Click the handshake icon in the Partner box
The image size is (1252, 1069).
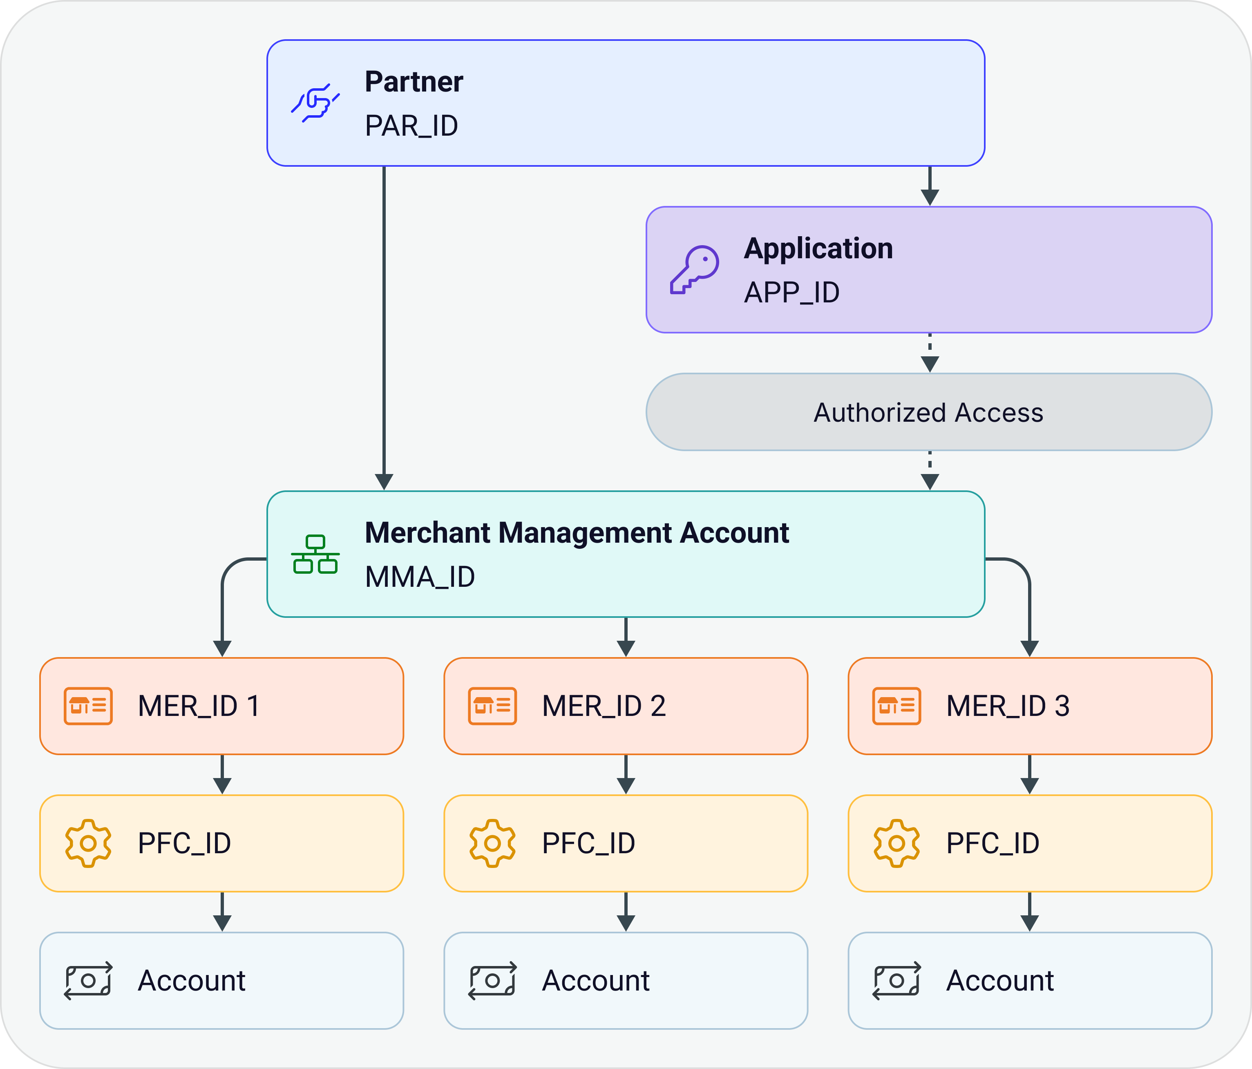point(315,103)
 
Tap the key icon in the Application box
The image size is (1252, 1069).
point(694,270)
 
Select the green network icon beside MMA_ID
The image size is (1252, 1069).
point(315,554)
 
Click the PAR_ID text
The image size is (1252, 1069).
point(411,126)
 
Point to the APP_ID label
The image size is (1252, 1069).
point(791,293)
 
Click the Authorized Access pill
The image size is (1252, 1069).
point(929,412)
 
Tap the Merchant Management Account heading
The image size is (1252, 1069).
point(577,533)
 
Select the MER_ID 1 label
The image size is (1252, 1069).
point(199,706)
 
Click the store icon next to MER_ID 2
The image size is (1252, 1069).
point(492,706)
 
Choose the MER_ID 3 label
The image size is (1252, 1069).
point(1008,706)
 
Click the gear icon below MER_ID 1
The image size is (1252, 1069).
point(88,843)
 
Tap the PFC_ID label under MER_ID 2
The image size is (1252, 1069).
point(588,843)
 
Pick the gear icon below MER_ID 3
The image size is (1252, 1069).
point(897,843)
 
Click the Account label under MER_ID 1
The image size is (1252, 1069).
point(192,981)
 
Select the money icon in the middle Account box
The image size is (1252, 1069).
point(492,981)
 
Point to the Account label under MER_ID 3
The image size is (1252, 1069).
point(1000,981)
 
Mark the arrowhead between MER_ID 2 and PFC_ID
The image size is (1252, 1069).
point(626,785)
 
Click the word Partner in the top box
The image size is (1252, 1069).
point(414,82)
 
